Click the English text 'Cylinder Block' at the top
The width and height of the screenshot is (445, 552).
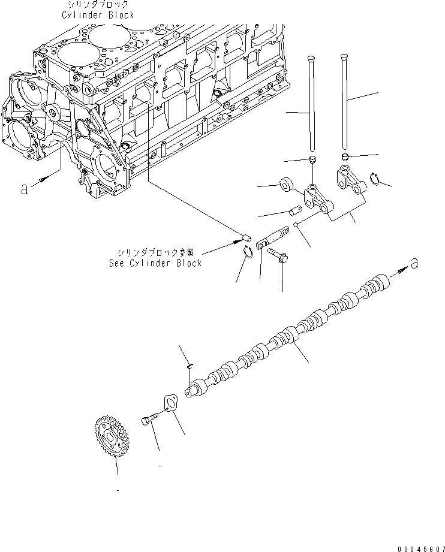pos(97,15)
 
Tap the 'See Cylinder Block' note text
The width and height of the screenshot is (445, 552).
pos(155,263)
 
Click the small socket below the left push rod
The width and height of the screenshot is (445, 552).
pos(312,158)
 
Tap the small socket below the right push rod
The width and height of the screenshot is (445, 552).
pos(345,157)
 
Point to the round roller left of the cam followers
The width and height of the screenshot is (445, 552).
pos(287,184)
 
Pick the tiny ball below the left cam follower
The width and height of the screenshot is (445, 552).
pos(296,225)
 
